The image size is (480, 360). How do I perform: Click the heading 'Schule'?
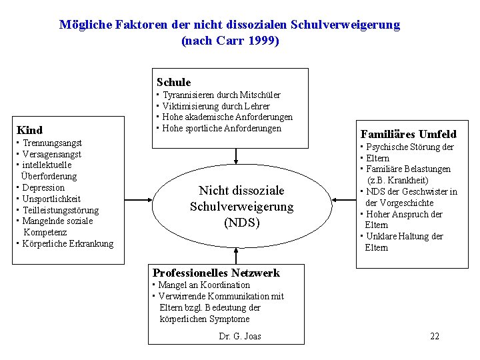[173, 82]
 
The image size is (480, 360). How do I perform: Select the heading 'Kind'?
[29, 130]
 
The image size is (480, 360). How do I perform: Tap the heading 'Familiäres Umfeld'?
[408, 134]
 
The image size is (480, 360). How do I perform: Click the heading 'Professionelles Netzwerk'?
[216, 272]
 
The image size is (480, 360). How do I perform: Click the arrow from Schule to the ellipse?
[236, 156]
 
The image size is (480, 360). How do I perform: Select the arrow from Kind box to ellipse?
[139, 199]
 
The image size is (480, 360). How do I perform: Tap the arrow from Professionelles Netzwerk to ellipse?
[236, 255]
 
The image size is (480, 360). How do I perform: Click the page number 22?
[435, 336]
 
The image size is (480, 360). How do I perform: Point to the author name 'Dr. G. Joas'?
[240, 336]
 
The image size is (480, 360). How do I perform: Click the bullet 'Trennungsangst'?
[52, 143]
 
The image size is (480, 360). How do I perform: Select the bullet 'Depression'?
[43, 187]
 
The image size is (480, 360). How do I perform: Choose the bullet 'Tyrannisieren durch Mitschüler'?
[221, 95]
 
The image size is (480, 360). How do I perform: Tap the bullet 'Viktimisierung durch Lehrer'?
[216, 106]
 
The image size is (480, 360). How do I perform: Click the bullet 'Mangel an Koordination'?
[204, 285]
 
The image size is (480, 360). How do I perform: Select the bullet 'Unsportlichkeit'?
[51, 199]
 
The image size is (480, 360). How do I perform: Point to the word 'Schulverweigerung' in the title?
[345, 25]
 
